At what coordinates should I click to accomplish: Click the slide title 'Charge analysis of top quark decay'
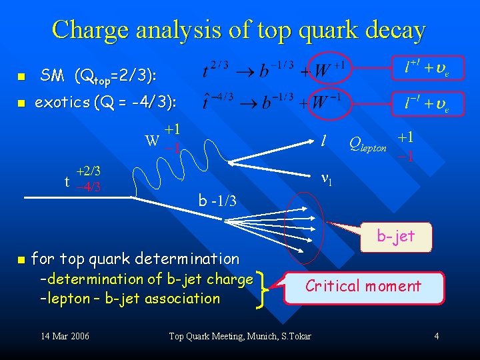(x=239, y=30)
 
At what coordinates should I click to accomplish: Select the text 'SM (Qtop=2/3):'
(x=99, y=76)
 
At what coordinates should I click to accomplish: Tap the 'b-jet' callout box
(x=396, y=235)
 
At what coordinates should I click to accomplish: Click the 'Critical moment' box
(x=363, y=287)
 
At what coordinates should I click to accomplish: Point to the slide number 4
(x=437, y=336)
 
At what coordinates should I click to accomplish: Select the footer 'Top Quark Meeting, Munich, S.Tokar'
(x=240, y=336)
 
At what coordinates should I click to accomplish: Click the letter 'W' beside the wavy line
(x=153, y=141)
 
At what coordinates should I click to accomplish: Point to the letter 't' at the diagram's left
(x=67, y=178)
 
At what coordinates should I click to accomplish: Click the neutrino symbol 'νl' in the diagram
(x=327, y=178)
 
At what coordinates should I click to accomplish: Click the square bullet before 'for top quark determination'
(x=21, y=259)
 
